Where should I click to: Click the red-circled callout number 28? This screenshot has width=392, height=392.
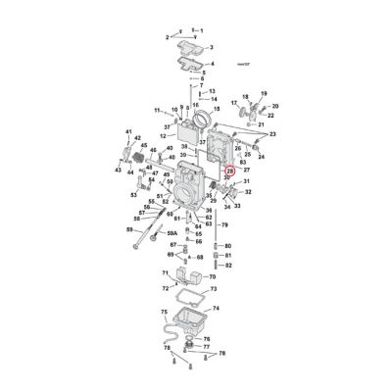point(229,171)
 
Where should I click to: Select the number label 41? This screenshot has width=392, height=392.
point(127,130)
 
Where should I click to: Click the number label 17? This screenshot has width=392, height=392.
point(233,102)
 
